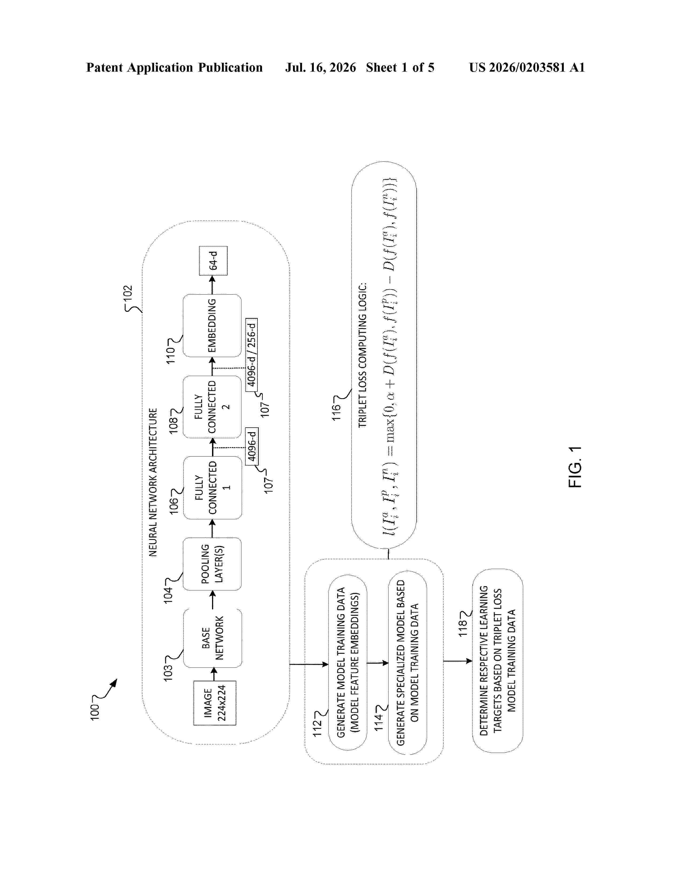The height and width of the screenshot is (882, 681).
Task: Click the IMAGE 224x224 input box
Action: point(215,703)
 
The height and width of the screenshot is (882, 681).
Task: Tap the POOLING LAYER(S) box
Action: point(212,564)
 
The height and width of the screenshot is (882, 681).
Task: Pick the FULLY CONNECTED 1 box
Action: point(213,488)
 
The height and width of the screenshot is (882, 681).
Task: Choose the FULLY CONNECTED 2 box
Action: point(212,407)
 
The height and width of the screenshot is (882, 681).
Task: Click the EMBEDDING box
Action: point(212,326)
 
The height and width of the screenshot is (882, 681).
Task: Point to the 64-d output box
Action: point(213,261)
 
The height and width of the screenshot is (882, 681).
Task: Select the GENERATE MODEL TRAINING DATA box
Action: point(348,662)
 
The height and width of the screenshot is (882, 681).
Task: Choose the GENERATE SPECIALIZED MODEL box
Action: point(408,662)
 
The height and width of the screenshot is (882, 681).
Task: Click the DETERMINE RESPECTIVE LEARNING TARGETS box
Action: point(498,661)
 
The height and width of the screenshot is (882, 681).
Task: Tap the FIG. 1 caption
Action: point(575,467)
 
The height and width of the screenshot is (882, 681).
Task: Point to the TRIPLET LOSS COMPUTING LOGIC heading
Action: point(362,355)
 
